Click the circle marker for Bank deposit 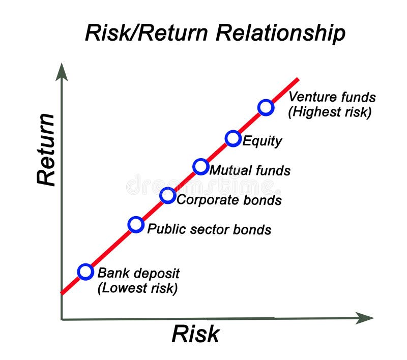86,272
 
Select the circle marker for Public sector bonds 136,224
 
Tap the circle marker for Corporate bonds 168,195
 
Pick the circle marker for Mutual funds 201,166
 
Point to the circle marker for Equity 232,138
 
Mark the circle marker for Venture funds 266,107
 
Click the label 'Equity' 262,140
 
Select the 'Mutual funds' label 250,170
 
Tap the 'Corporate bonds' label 229,199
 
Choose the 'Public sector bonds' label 209,229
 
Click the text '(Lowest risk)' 137,288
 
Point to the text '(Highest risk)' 330,112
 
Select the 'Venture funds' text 332,97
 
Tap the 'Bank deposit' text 138,273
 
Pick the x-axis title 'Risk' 195,334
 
